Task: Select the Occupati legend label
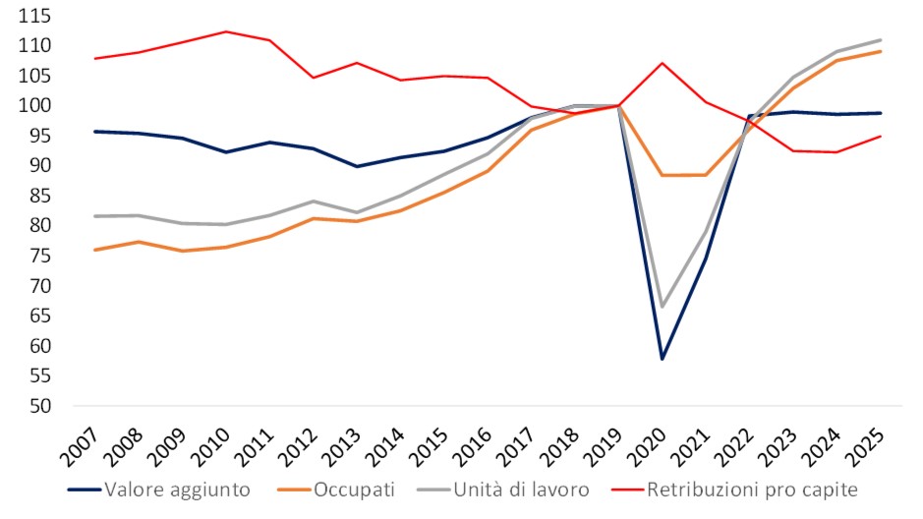click(352, 489)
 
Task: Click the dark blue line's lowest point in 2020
click(663, 359)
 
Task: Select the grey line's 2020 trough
click(663, 307)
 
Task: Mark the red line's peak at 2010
click(226, 31)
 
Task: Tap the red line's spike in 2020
click(663, 63)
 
